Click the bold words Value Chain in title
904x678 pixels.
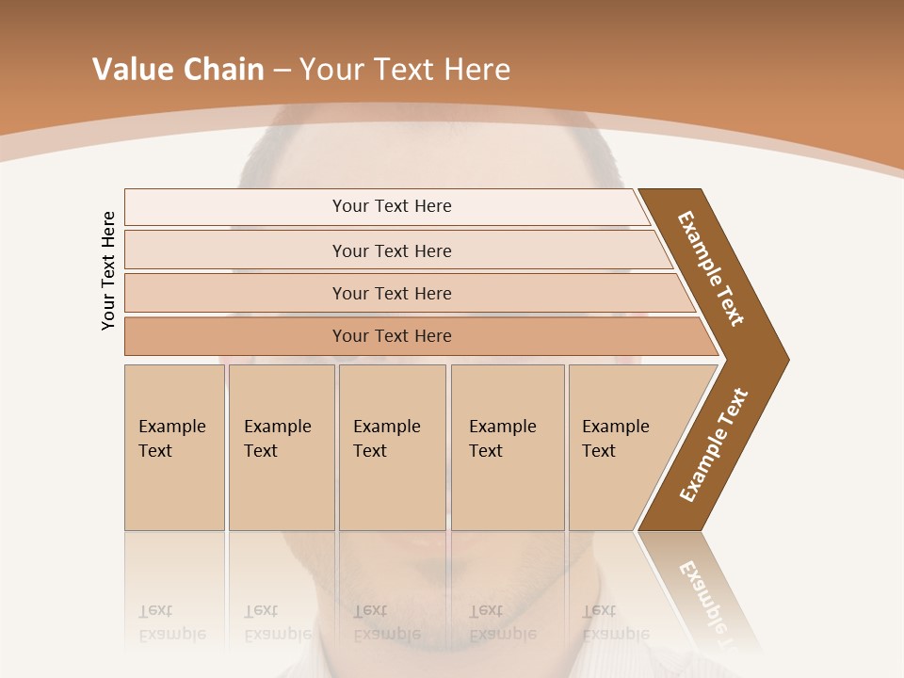(x=178, y=70)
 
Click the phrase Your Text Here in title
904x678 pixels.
(x=404, y=70)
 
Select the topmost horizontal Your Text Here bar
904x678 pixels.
(x=391, y=206)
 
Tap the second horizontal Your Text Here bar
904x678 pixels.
(x=391, y=250)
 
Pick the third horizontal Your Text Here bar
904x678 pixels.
(x=391, y=293)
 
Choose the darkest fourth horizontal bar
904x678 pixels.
(x=391, y=336)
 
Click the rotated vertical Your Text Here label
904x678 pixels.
(x=108, y=271)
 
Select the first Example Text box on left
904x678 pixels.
(x=174, y=447)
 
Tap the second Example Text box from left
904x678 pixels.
(x=281, y=447)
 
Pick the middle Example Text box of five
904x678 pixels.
(x=392, y=447)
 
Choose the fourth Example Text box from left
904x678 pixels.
(x=507, y=447)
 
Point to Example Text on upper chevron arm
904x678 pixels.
(x=711, y=268)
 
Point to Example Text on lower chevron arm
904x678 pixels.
(x=714, y=444)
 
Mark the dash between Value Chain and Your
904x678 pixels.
(x=281, y=71)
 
